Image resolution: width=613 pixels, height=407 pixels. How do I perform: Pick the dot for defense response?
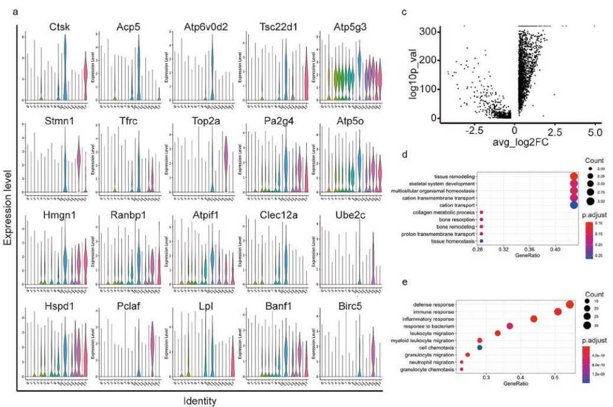click(x=569, y=305)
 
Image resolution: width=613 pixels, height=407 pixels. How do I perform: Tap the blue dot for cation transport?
click(x=573, y=205)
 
